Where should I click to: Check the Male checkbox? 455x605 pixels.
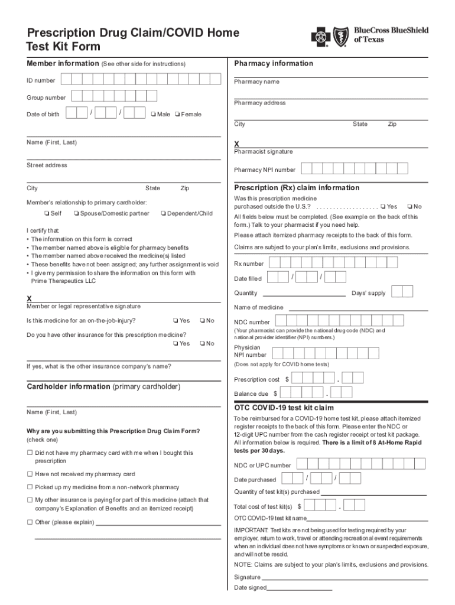tap(153, 114)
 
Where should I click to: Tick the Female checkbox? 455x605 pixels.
tap(177, 114)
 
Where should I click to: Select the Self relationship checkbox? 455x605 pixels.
tap(47, 213)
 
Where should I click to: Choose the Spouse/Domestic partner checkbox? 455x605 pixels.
tap(77, 213)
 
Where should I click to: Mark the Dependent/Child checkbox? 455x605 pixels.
tap(163, 213)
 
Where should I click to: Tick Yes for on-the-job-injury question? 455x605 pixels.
tap(175, 321)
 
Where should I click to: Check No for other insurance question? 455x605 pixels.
tap(202, 343)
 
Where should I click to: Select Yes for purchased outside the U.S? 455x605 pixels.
tap(383, 206)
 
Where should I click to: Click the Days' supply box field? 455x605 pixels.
tap(402, 292)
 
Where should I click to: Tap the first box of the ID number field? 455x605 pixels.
tap(67, 80)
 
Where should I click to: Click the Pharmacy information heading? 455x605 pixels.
tap(274, 63)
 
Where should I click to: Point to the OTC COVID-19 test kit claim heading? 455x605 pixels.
tap(284, 408)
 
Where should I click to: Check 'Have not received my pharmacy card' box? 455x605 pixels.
tap(30, 474)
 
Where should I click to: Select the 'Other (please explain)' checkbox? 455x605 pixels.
tap(30, 522)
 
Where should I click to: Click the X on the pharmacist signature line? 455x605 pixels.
tap(236, 144)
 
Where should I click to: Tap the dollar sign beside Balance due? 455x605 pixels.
tap(275, 393)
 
